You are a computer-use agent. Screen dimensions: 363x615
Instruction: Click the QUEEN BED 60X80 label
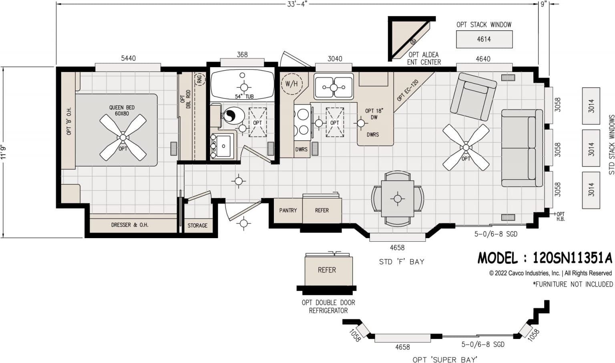[x=122, y=110]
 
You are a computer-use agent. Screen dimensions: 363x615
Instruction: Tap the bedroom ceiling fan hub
[x=123, y=137]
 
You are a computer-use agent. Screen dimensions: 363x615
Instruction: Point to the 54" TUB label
[x=244, y=96]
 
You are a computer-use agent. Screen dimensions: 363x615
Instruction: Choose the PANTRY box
[x=288, y=210]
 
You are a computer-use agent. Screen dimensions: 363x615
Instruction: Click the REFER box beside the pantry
[x=322, y=210]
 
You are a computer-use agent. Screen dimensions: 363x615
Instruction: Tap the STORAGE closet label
[x=197, y=225]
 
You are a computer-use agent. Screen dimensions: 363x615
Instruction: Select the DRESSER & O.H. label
[x=130, y=225]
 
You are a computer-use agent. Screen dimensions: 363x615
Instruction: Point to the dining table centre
[x=397, y=199]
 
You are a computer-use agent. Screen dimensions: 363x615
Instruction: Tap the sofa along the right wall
[x=521, y=148]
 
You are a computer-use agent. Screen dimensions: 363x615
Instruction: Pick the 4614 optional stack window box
[x=484, y=39]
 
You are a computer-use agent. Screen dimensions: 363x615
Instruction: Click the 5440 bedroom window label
[x=128, y=58]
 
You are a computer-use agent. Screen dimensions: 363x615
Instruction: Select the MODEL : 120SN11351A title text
[x=545, y=258]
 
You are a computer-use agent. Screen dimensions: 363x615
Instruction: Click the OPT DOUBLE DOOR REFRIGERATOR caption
[x=328, y=307]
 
